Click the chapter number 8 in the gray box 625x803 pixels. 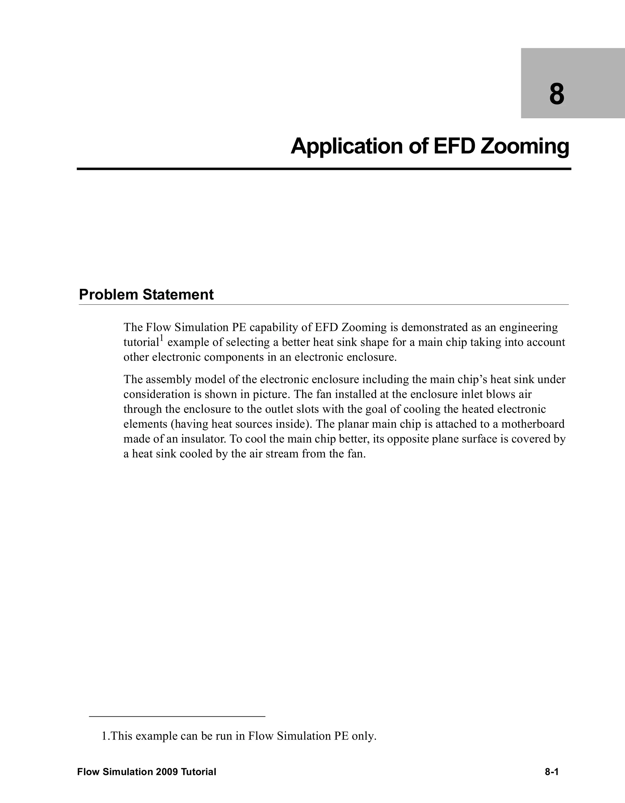click(557, 95)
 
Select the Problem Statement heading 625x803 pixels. click(146, 295)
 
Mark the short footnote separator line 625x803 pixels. click(177, 716)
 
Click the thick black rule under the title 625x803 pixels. click(324, 169)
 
